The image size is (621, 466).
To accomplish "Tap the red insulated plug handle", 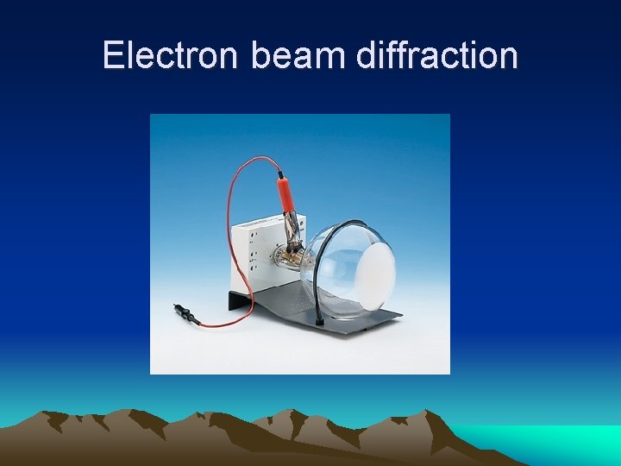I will click(x=283, y=192).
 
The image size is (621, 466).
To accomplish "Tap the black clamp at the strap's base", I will click(x=320, y=321).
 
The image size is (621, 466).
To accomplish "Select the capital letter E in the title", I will click(x=110, y=55).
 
